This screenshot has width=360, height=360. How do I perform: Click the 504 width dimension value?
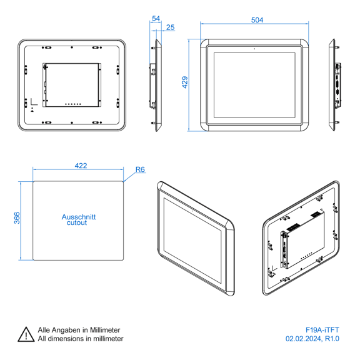[x=257, y=20]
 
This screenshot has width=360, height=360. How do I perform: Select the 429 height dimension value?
[x=185, y=82]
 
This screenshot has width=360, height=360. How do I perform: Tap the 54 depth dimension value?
[x=156, y=18]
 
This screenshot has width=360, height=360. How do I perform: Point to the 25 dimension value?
[x=171, y=27]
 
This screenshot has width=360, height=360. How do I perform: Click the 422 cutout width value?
[x=81, y=166]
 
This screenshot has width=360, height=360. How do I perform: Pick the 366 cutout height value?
[x=17, y=218]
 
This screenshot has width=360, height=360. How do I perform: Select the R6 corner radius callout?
[x=140, y=169]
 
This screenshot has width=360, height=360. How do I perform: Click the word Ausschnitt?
[x=79, y=217]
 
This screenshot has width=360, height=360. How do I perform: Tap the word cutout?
[x=77, y=222]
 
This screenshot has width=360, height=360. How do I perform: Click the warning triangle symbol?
[x=26, y=334]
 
